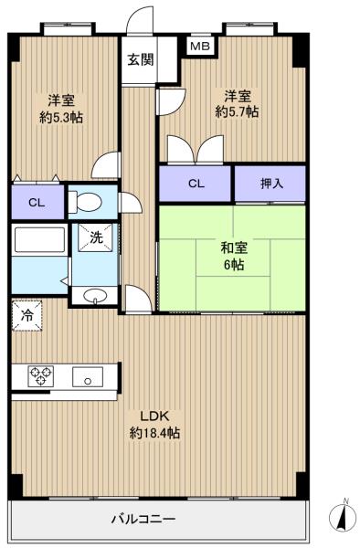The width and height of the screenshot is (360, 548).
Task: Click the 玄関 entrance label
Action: [140, 59]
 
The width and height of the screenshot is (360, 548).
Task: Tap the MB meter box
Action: [200, 46]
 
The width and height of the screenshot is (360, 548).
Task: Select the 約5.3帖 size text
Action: [61, 118]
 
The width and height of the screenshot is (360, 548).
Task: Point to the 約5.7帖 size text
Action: [237, 111]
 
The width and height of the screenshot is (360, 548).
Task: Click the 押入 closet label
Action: [271, 184]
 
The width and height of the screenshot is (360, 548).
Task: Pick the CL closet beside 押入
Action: [196, 184]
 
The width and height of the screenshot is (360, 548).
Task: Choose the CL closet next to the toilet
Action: [37, 203]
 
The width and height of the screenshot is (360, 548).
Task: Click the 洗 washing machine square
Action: [95, 237]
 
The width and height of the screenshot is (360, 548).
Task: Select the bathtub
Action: [39, 240]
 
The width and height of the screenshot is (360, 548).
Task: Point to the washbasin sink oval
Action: [95, 296]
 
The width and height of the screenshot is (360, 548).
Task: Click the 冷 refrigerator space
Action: [26, 316]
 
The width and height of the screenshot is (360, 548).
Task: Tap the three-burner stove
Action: [41, 376]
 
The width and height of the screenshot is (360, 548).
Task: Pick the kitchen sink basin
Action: [88, 376]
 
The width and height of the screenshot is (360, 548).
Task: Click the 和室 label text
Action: [234, 248]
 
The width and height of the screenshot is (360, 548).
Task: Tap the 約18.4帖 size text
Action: [154, 433]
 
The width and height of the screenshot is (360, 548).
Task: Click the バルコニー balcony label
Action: [143, 519]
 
